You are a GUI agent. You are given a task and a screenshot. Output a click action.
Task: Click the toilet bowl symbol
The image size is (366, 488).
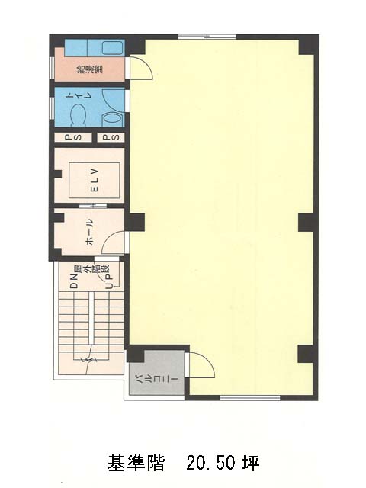(78, 115)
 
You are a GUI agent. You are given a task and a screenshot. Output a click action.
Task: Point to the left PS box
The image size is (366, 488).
(73, 137)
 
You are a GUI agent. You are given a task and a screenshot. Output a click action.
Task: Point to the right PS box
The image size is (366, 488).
(111, 137)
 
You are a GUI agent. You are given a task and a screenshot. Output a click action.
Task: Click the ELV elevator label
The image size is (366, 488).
(95, 180)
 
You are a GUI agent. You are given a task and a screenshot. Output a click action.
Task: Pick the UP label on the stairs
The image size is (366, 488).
(109, 281)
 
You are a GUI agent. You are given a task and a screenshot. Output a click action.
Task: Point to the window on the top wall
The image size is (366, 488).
(207, 37)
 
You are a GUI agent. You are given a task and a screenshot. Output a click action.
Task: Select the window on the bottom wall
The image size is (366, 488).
(250, 397)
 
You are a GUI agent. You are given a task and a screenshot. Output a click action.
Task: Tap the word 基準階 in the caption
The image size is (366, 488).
(136, 463)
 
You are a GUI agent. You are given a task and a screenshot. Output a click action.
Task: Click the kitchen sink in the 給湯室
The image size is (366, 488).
(113, 47)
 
